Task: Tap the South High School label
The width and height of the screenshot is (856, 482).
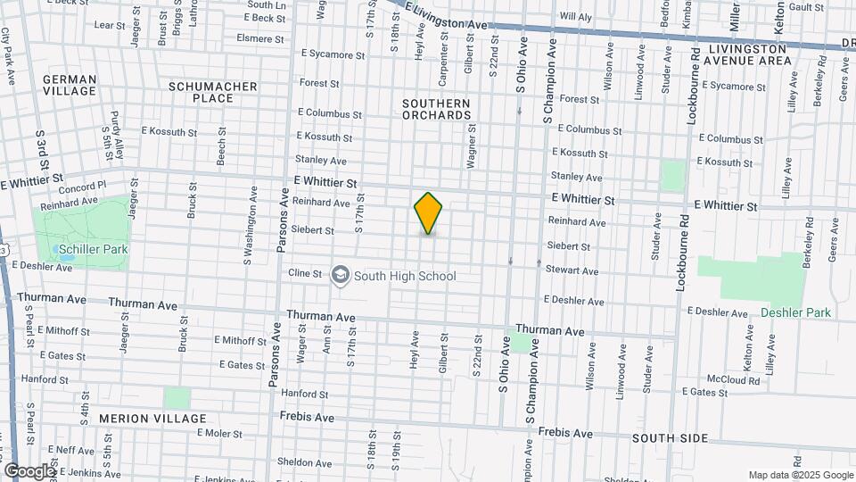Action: (x=405, y=276)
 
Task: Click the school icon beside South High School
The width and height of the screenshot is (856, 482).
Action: (x=340, y=276)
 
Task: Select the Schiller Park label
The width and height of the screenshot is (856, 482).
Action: (x=86, y=250)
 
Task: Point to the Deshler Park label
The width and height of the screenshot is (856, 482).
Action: (x=795, y=312)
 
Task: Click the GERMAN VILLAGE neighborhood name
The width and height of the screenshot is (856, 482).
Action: (x=69, y=85)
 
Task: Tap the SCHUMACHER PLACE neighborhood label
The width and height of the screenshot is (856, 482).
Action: (x=213, y=92)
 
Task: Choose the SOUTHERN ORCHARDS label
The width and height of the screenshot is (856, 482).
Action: (x=436, y=109)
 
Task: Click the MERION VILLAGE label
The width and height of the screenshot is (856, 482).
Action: (x=152, y=419)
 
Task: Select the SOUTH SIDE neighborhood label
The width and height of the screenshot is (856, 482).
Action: (x=670, y=438)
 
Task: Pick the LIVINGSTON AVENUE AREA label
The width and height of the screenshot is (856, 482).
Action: (x=750, y=54)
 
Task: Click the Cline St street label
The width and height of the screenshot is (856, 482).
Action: (x=304, y=273)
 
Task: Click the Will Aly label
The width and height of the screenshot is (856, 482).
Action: (x=575, y=17)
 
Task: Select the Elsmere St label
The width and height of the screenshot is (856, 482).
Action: (x=259, y=38)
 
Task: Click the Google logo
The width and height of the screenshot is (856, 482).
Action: (x=29, y=471)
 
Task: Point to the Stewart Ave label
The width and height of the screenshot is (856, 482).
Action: (x=572, y=270)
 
